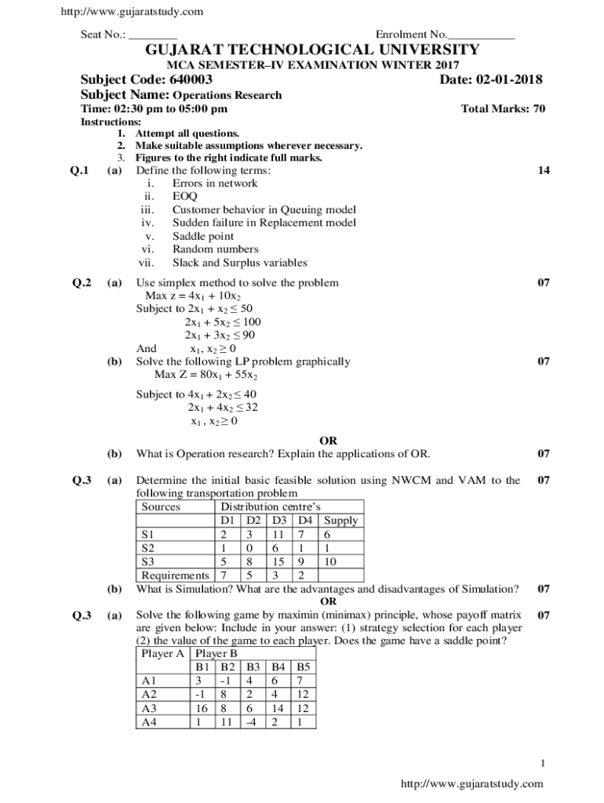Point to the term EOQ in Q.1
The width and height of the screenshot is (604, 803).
[x=185, y=197]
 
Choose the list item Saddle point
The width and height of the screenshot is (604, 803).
[x=203, y=236]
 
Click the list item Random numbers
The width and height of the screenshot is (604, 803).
[x=215, y=249]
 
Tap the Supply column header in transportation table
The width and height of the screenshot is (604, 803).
[x=340, y=520]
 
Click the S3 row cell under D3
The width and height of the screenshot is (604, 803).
[x=278, y=561]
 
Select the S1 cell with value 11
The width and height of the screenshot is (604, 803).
[x=278, y=534]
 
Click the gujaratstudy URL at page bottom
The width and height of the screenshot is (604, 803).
[x=471, y=783]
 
